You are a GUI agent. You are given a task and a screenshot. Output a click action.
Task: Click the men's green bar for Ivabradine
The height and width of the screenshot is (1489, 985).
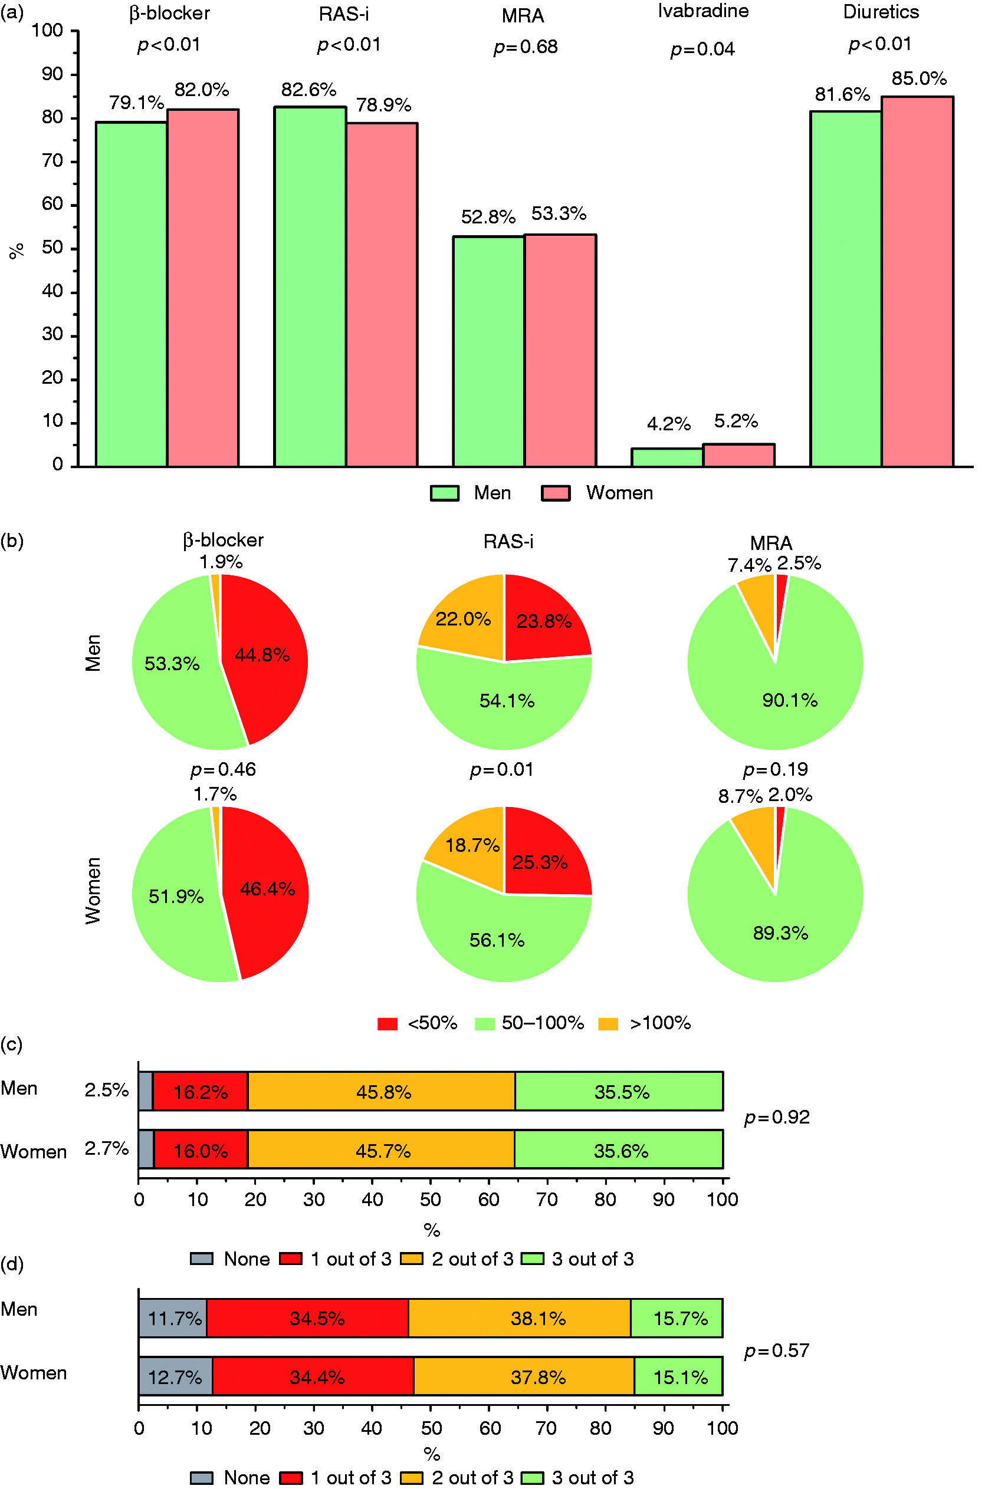(x=667, y=457)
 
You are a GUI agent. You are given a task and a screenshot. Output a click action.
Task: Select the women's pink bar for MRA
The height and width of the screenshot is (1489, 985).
(x=560, y=351)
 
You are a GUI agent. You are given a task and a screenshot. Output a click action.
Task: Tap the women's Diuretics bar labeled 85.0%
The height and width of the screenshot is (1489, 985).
(x=917, y=282)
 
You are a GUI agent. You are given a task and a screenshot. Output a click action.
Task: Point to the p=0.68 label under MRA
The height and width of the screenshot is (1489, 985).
(x=526, y=47)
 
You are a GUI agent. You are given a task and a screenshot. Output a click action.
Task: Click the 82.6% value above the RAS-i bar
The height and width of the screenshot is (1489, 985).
(x=308, y=90)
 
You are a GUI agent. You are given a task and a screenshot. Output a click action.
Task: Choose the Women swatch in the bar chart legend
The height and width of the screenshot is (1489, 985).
(x=556, y=493)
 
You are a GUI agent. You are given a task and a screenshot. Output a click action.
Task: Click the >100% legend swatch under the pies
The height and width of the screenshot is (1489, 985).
(x=608, y=1024)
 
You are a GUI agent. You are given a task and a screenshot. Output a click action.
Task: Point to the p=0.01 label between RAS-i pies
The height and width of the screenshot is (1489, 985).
(x=502, y=770)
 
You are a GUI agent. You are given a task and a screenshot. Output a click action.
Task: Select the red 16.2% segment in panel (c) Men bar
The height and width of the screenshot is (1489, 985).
(x=201, y=1092)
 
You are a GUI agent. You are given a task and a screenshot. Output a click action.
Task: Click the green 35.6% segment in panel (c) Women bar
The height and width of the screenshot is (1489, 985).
(x=619, y=1151)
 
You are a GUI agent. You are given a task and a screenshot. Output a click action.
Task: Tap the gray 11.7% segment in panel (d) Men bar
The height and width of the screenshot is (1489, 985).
(x=173, y=1318)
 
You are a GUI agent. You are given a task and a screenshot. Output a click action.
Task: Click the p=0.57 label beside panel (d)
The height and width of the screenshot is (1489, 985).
(x=777, y=1350)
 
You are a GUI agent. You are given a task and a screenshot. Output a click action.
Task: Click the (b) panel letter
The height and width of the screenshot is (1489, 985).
(x=12, y=541)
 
